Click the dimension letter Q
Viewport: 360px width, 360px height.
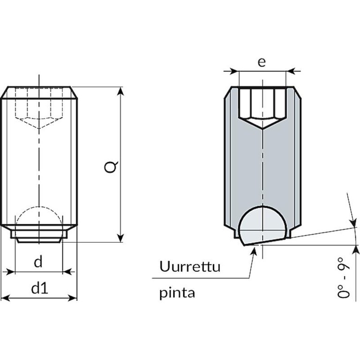pos(111,167)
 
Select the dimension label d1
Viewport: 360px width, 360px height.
pos(40,288)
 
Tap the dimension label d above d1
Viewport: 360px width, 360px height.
pos(38,262)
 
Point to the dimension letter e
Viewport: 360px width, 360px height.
pos(262,62)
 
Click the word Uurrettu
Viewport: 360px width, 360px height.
pos(190,266)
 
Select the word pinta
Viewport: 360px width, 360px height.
pos(177,292)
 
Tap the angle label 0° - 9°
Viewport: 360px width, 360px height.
pos(344,277)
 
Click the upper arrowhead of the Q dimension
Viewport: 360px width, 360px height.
pos(120,91)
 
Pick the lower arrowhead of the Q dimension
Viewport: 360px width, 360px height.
pos(120,238)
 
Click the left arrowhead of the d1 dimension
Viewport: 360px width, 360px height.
pos(5,298)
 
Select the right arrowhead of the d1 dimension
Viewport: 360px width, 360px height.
pos(73,298)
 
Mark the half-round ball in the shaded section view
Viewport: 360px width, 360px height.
pos(263,225)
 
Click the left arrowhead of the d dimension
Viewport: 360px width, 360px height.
pos(11,272)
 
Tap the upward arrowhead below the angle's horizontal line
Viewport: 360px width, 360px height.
pos(357,249)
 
